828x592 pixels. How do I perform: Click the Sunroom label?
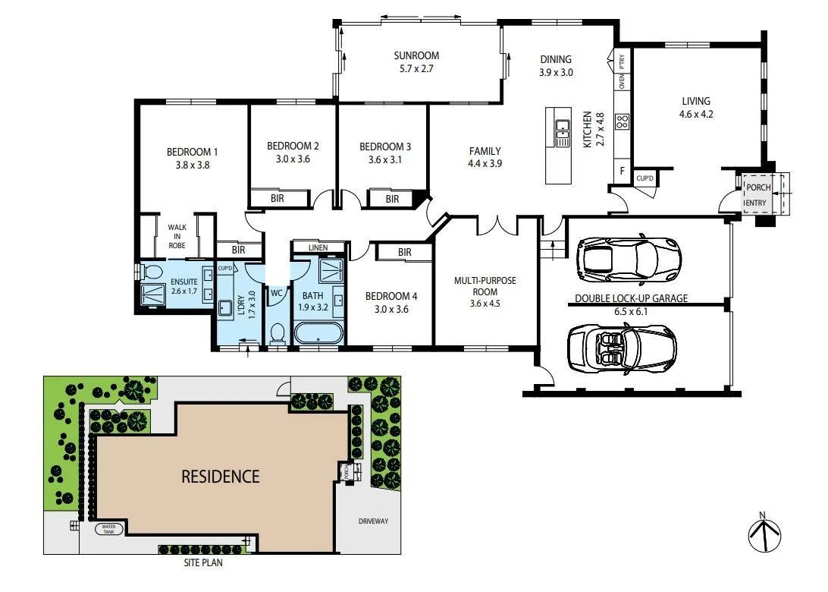point(416,55)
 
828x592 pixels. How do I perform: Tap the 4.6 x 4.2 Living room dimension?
point(695,115)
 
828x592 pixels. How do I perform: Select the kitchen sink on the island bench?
point(562,134)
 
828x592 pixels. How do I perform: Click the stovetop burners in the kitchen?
point(622,121)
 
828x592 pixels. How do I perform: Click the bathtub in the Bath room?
point(317,335)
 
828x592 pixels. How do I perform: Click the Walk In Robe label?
point(177,235)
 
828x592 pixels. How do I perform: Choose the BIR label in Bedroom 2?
point(278,199)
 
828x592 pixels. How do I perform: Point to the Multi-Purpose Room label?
point(485,286)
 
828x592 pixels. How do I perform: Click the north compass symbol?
point(764,534)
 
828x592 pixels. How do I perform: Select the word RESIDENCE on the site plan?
point(220,477)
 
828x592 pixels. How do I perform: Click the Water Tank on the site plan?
point(108,529)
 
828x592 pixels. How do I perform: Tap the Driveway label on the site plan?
point(373,521)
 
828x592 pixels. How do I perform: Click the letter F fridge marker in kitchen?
point(622,171)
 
